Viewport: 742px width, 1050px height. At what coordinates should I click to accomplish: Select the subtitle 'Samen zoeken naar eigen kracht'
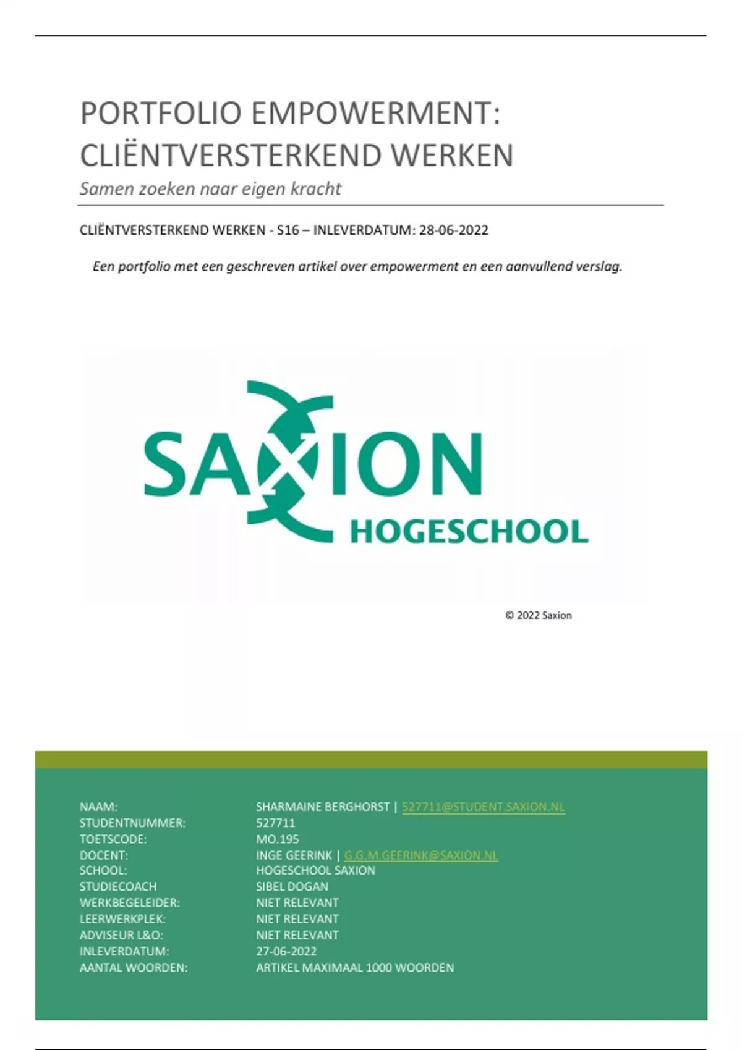pos(210,189)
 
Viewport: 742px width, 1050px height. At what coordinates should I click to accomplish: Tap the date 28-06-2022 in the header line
pos(453,230)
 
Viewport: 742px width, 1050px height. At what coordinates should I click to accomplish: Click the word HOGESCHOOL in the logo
pos(469,532)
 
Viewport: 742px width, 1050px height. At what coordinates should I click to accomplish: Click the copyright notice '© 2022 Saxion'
pos(538,615)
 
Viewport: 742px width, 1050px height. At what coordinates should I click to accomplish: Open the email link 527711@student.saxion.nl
pos(483,807)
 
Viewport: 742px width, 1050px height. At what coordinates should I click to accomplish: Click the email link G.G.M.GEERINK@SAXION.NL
pos(420,855)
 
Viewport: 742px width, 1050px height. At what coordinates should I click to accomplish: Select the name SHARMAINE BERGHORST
pos(322,807)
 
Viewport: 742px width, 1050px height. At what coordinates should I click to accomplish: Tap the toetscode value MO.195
pos(277,839)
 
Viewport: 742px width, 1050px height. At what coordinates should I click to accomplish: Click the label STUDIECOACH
pos(117,886)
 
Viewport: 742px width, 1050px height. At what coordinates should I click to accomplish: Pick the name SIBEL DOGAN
pos(292,886)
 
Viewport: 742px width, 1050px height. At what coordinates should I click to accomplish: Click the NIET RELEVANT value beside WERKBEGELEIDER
pos(297,902)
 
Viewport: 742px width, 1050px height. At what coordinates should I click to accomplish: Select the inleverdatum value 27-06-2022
pos(286,951)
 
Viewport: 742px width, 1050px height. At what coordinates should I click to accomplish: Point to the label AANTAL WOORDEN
pos(133,967)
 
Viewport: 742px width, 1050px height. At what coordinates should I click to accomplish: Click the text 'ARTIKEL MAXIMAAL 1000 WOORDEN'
pos(355,967)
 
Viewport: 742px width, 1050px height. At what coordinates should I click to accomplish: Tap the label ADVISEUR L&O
pos(121,935)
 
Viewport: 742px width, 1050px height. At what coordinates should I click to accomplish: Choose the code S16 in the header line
pos(288,230)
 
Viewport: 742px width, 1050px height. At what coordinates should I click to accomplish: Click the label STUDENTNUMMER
pos(132,823)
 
